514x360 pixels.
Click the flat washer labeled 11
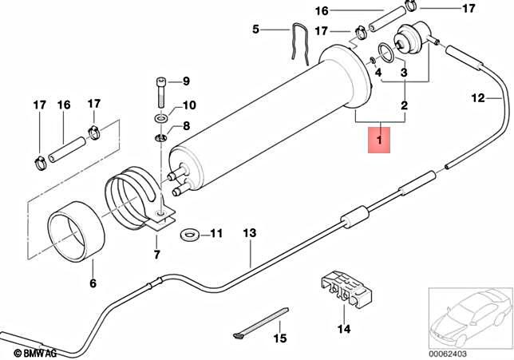190,235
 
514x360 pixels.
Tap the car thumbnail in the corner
468,319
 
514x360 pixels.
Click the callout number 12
477,99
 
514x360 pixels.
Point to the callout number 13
250,234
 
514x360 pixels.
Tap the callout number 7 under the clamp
156,255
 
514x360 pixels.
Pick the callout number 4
379,73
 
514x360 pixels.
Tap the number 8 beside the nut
186,125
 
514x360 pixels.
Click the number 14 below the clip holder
344,328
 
